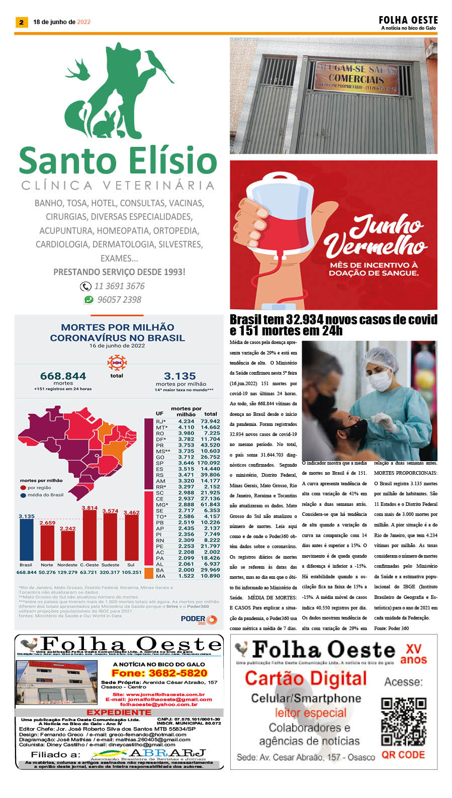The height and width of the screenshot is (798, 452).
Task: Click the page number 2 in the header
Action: (x=21, y=22)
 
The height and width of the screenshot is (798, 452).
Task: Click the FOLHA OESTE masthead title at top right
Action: (x=408, y=20)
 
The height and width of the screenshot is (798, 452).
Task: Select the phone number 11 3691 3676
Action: (x=119, y=286)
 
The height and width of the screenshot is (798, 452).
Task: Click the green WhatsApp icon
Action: (x=89, y=300)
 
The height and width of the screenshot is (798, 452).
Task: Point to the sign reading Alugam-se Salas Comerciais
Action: (x=356, y=75)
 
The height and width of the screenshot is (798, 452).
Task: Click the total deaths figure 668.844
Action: (x=63, y=376)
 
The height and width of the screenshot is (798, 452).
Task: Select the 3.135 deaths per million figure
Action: (x=179, y=376)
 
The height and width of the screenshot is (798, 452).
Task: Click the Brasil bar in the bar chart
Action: (x=26, y=539)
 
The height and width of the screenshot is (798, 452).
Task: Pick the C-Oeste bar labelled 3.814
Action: (x=89, y=535)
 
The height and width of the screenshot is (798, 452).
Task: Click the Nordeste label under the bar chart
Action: (x=67, y=565)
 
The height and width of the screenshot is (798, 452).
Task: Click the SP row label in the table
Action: (x=160, y=463)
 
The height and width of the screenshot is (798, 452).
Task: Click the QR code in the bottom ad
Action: (x=403, y=722)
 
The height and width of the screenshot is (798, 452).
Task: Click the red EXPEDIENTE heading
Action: (x=119, y=713)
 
